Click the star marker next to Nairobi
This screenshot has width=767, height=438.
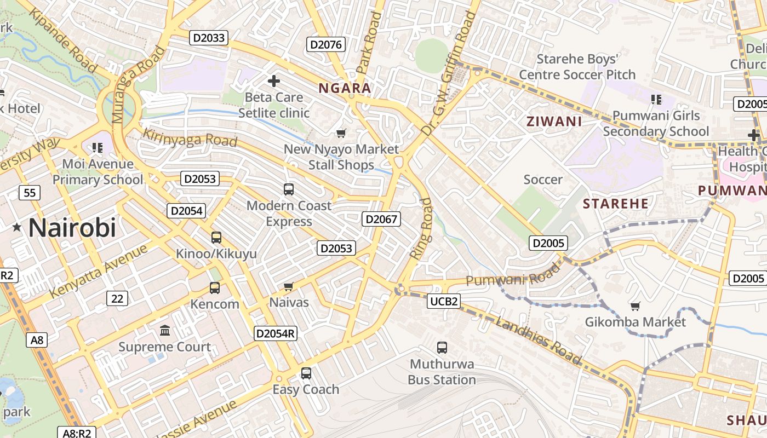click(17, 227)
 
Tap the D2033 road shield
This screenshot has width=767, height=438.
click(208, 38)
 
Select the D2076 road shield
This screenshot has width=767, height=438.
click(326, 44)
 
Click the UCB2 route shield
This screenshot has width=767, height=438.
click(444, 301)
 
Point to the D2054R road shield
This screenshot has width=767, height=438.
click(276, 333)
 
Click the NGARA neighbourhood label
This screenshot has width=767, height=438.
click(345, 88)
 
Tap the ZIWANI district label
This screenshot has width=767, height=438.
click(554, 122)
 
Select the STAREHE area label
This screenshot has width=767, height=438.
click(615, 204)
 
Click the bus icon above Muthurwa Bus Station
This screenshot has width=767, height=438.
click(442, 347)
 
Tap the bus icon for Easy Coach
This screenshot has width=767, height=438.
click(306, 373)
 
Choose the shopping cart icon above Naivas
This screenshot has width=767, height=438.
click(289, 286)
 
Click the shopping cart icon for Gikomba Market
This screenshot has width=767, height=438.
click(635, 306)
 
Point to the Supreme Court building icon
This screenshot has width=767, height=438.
click(165, 330)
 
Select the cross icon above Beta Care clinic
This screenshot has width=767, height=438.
click(273, 82)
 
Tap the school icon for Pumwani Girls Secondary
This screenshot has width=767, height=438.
click(656, 99)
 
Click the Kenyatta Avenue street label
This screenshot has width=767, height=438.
click(99, 272)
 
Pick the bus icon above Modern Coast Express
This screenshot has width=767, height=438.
click(289, 189)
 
